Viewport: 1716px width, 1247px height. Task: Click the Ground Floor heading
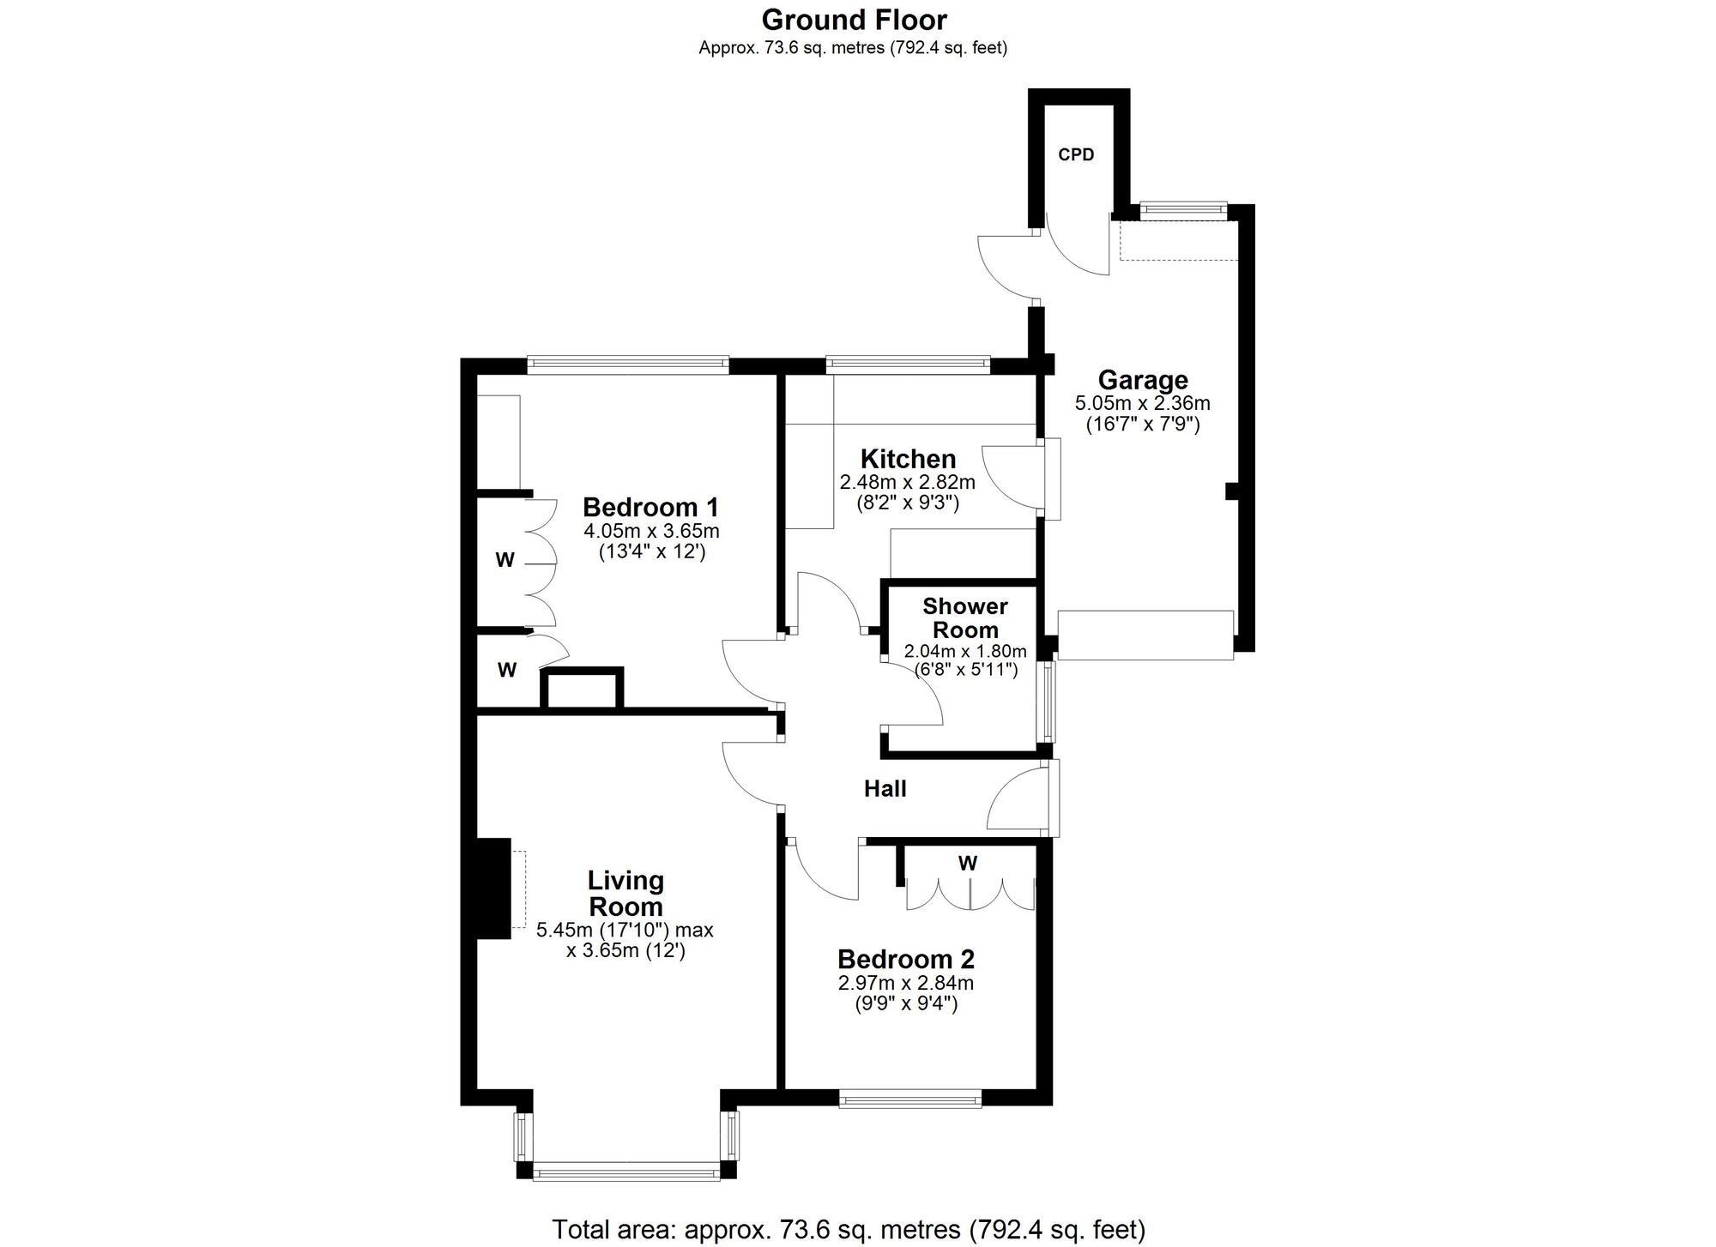pyautogui.click(x=854, y=20)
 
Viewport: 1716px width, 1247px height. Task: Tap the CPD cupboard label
pyautogui.click(x=1076, y=155)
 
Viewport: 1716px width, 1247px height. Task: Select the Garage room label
pyautogui.click(x=1143, y=380)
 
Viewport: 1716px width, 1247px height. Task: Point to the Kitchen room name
pyautogui.click(x=908, y=459)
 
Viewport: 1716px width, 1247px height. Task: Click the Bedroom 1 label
pyautogui.click(x=650, y=507)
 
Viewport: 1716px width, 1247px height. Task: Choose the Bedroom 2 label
pyautogui.click(x=906, y=959)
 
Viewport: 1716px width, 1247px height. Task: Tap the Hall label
pyautogui.click(x=885, y=789)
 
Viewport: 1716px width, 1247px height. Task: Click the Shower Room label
pyautogui.click(x=965, y=618)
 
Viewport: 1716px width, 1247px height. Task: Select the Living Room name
pyautogui.click(x=625, y=894)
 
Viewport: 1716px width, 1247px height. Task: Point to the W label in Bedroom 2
pyautogui.click(x=968, y=864)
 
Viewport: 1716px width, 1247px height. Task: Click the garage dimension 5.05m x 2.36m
pyautogui.click(x=1143, y=403)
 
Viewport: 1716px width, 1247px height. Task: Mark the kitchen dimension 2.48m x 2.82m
pyautogui.click(x=908, y=482)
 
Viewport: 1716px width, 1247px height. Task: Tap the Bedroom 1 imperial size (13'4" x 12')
pyautogui.click(x=652, y=552)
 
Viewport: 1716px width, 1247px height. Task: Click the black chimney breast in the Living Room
pyautogui.click(x=494, y=889)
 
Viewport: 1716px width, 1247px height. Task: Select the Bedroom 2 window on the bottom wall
pyautogui.click(x=909, y=1099)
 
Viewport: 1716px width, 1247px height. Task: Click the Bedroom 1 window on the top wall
pyautogui.click(x=628, y=365)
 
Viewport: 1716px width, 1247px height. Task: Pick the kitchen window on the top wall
pyautogui.click(x=908, y=365)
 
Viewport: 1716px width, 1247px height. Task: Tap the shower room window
pyautogui.click(x=1046, y=702)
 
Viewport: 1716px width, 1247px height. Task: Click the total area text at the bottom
pyautogui.click(x=849, y=1230)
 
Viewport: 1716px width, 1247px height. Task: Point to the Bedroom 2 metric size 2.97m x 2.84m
pyautogui.click(x=906, y=983)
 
